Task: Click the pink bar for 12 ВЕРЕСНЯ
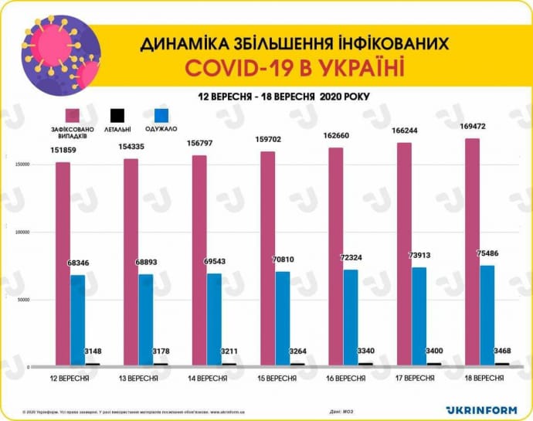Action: pos(63,263)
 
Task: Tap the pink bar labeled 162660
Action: pos(335,255)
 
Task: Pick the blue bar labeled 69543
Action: pos(214,319)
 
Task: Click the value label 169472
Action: pos(473,125)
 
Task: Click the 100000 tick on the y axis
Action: pos(23,232)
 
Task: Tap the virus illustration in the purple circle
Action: pos(62,54)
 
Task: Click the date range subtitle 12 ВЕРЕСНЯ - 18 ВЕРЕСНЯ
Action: pos(255,96)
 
